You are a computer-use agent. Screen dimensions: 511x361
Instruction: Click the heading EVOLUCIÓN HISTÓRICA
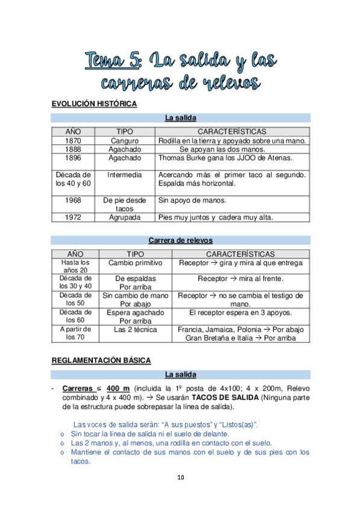(94, 104)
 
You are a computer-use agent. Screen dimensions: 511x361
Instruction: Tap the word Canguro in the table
(125, 141)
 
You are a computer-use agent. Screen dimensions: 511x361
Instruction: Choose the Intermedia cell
(125, 175)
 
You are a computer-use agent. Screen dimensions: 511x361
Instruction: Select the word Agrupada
(125, 218)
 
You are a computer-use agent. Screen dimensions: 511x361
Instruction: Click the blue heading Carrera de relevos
(180, 240)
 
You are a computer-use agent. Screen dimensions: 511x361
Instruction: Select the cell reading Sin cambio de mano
(135, 296)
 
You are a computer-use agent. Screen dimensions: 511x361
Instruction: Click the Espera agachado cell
(135, 313)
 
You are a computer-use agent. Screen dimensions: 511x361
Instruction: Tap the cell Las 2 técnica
(135, 330)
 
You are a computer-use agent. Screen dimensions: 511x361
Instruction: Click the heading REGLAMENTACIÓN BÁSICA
(101, 360)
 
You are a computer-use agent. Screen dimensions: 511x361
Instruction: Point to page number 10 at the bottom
(180, 478)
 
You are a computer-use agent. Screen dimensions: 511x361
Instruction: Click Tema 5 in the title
(113, 60)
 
